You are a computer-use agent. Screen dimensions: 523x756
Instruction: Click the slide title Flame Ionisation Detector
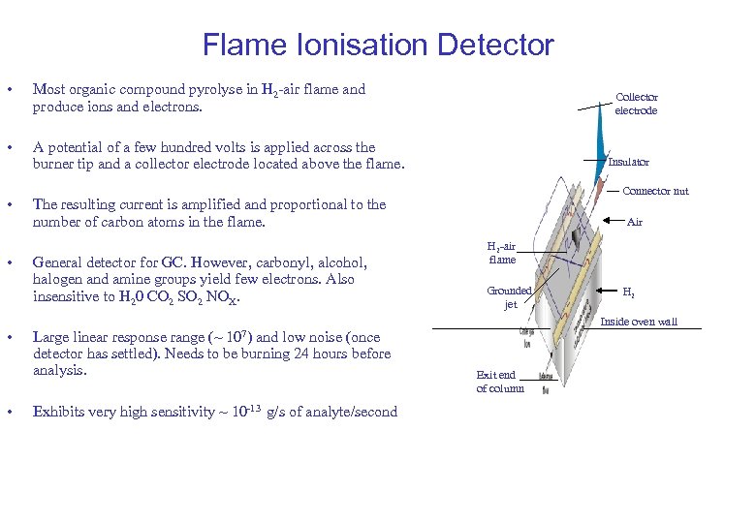[378, 45]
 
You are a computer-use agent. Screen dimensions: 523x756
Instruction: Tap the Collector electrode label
[636, 104]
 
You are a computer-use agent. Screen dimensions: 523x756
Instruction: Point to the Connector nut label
[655, 191]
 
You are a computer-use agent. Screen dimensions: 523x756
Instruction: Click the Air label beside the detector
[635, 222]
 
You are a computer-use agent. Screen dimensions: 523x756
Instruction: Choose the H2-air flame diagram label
[502, 253]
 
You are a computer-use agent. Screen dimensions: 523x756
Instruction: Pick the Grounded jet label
[510, 297]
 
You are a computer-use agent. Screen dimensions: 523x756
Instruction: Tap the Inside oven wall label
[640, 322]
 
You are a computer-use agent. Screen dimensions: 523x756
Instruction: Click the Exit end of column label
[500, 382]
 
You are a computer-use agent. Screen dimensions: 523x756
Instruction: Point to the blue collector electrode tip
[594, 129]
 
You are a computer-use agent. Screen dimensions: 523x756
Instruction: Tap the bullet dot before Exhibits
[9, 412]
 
